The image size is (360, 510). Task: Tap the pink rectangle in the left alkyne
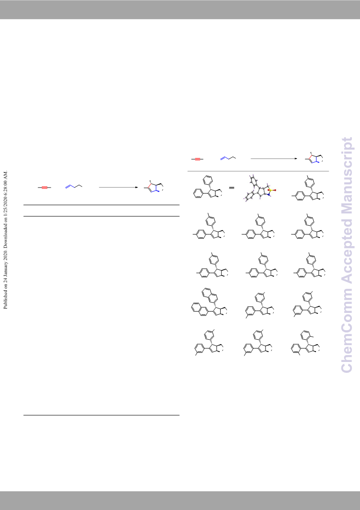coord(44,188)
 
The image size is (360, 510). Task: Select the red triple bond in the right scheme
coord(197,159)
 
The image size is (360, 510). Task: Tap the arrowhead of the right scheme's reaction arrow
coord(296,159)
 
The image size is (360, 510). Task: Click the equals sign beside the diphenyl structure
coord(232,188)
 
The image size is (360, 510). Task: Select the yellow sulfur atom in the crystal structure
coord(271,189)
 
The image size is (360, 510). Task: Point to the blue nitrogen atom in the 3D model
coord(269,195)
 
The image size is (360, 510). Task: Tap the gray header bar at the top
coord(180,10)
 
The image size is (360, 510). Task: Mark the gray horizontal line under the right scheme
coord(258,171)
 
